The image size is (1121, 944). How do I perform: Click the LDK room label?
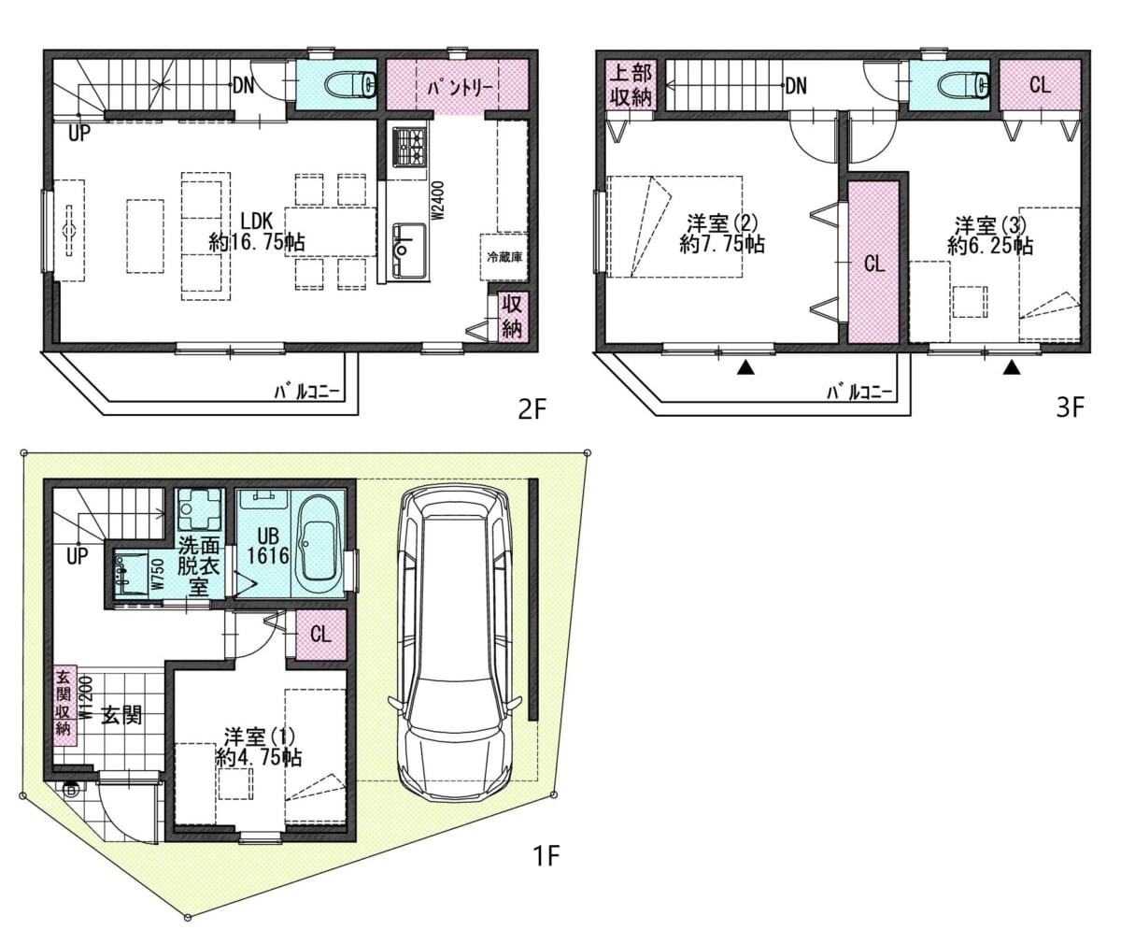pyautogui.click(x=257, y=231)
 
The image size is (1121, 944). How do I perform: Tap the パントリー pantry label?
pyautogui.click(x=461, y=88)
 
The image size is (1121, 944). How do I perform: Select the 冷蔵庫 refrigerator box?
pyautogui.click(x=504, y=257)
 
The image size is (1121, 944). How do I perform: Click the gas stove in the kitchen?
pyautogui.click(x=411, y=145)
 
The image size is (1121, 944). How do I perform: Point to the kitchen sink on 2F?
pyautogui.click(x=410, y=250)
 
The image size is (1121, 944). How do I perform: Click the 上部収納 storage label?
pyautogui.click(x=631, y=85)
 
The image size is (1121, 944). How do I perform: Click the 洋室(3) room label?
pyautogui.click(x=990, y=236)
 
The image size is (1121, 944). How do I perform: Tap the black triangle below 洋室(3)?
pyautogui.click(x=1012, y=367)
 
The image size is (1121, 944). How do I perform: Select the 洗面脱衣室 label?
pyautogui.click(x=199, y=565)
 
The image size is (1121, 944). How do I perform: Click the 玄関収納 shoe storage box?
pyautogui.click(x=64, y=706)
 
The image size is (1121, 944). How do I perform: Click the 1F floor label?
pyautogui.click(x=546, y=855)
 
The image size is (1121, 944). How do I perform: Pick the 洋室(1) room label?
pyautogui.click(x=259, y=746)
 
